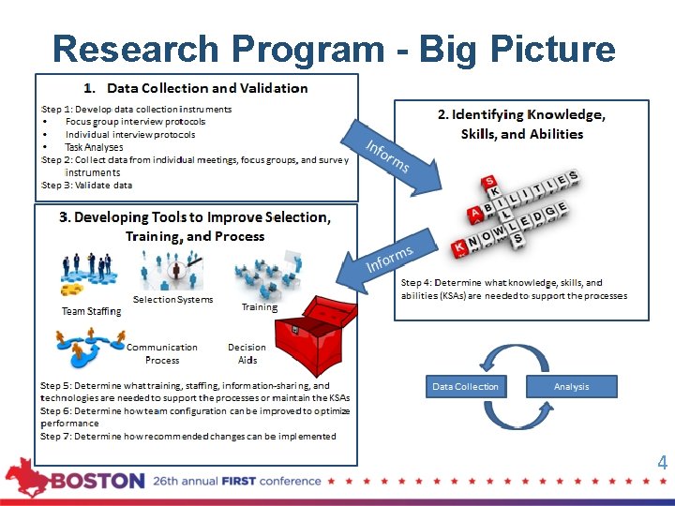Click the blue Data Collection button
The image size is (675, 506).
point(465,386)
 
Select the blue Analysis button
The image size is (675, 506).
point(571,386)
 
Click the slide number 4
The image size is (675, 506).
point(662,463)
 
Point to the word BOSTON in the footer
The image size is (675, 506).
point(97,481)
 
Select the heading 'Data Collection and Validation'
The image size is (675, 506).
point(206,88)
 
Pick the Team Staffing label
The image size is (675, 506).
point(91,311)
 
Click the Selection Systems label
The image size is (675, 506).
point(172,300)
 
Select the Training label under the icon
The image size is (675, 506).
point(259,306)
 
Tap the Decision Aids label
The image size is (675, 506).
point(247,353)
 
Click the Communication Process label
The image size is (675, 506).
point(162,353)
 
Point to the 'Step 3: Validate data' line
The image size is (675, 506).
point(86,186)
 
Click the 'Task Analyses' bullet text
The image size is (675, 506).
point(94,147)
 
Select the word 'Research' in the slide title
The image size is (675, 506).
point(129,48)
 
